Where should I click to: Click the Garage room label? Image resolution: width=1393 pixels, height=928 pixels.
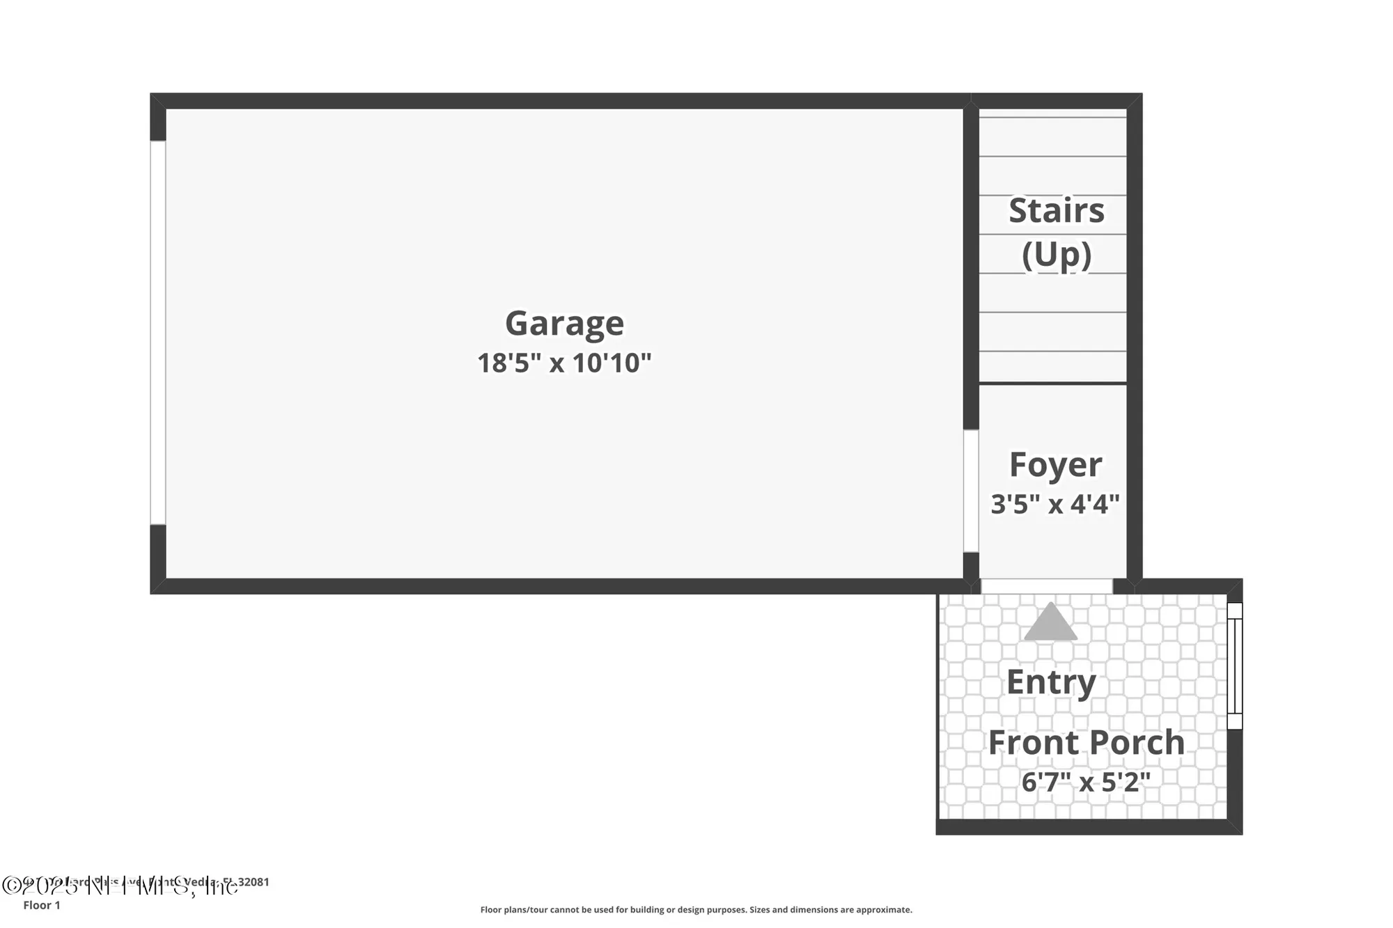pos(564,323)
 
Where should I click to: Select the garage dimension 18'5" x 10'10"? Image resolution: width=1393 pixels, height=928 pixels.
pos(564,363)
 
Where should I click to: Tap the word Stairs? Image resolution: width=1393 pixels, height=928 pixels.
pos(1056,210)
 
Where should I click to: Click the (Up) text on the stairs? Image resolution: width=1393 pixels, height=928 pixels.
pos(1056,254)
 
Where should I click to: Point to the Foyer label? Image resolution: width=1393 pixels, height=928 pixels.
pos(1055,464)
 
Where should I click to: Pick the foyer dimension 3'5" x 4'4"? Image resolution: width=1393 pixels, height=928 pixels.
pos(1055,503)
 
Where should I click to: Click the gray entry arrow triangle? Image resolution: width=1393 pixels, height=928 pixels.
pos(1050,622)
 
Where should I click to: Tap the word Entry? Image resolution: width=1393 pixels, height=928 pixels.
pos(1051,682)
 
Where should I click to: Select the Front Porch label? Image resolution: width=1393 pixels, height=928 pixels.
pos(1086,742)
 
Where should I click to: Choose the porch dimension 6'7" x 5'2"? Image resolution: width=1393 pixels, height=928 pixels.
pos(1086,782)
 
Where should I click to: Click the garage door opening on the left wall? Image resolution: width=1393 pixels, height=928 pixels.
pos(158,333)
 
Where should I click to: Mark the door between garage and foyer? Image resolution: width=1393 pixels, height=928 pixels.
pos(971,491)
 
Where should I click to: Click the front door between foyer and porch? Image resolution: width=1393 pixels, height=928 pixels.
pos(1046,586)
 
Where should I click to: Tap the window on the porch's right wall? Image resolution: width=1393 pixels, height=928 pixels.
pos(1234,666)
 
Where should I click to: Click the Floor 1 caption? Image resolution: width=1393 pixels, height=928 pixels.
pos(42,905)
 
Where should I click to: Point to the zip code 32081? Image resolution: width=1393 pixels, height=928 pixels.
pos(254,882)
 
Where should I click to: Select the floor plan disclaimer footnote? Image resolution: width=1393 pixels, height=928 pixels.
pos(696,909)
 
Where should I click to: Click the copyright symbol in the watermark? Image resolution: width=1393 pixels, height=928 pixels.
pos(12,886)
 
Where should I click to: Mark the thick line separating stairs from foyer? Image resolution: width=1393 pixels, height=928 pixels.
pos(1052,383)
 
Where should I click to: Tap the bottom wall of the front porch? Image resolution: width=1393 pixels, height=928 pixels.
pos(1089,827)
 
